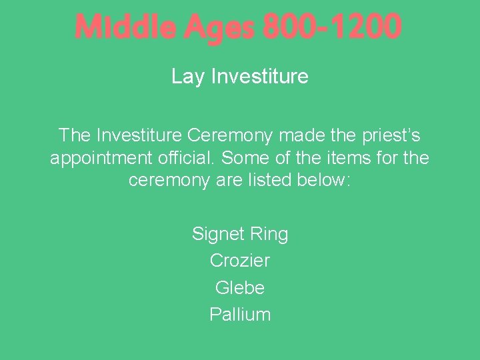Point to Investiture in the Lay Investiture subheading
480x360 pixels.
click(259, 77)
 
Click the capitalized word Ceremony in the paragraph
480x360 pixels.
click(231, 136)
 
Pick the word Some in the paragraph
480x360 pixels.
click(244, 159)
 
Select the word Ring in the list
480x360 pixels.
click(269, 235)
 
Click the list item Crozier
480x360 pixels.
click(240, 261)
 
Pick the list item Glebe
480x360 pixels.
click(240, 288)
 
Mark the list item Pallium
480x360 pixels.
click(240, 315)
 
